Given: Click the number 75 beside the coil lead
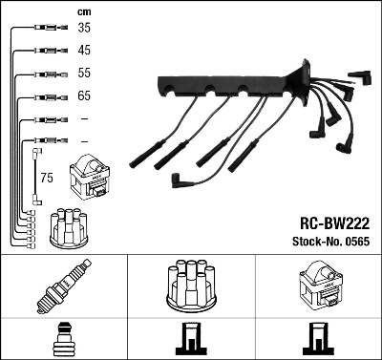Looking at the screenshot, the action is tap(46, 177).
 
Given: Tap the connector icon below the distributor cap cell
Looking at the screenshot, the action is tap(191, 339).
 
